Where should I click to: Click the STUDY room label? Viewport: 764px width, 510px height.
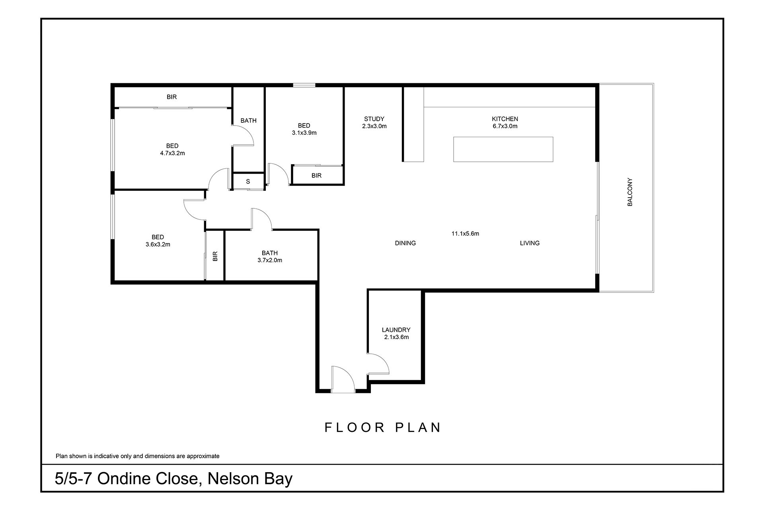[374, 119]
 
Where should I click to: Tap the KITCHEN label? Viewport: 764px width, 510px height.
[505, 119]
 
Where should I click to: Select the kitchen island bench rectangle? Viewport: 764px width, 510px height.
[503, 149]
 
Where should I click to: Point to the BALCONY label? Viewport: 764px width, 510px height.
[630, 192]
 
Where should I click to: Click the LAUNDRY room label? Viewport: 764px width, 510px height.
[396, 330]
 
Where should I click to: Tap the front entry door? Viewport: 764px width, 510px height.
[342, 380]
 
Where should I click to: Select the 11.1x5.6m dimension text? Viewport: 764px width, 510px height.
[465, 233]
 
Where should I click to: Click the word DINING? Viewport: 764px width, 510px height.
[405, 243]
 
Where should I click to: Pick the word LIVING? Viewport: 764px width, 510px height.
[530, 243]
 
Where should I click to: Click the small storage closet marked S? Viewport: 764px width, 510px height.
[248, 181]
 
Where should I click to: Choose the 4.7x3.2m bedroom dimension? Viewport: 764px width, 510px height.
[172, 153]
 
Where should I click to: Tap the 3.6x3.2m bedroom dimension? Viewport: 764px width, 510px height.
[158, 245]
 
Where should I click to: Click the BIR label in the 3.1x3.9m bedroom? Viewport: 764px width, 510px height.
[316, 175]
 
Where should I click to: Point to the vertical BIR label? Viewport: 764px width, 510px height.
[215, 256]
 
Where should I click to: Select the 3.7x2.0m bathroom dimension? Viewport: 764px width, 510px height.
[270, 261]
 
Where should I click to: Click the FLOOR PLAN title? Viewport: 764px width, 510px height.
[383, 428]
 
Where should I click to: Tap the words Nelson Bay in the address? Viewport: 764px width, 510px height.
[250, 479]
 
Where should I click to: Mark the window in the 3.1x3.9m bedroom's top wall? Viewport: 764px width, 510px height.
[304, 85]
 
